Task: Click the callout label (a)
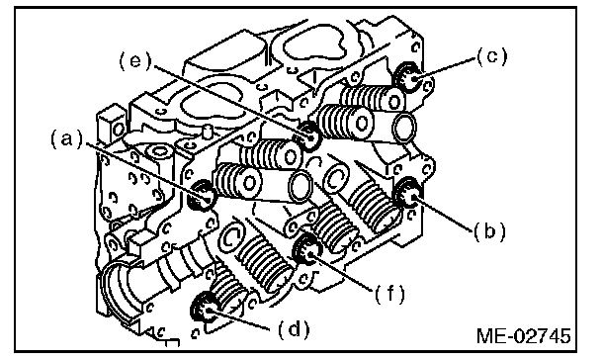click(x=66, y=139)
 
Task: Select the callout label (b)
click(x=489, y=231)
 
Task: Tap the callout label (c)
click(x=492, y=57)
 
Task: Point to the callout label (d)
click(x=294, y=329)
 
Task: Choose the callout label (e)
click(x=135, y=61)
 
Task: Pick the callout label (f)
click(x=389, y=294)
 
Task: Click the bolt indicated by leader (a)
click(x=202, y=196)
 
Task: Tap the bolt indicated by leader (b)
click(x=408, y=194)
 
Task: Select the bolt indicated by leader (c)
click(x=409, y=78)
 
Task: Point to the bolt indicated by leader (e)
click(x=308, y=135)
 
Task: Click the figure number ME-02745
click(x=524, y=336)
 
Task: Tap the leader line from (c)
click(x=446, y=68)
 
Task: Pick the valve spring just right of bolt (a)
click(x=237, y=179)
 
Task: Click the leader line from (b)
click(x=443, y=214)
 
